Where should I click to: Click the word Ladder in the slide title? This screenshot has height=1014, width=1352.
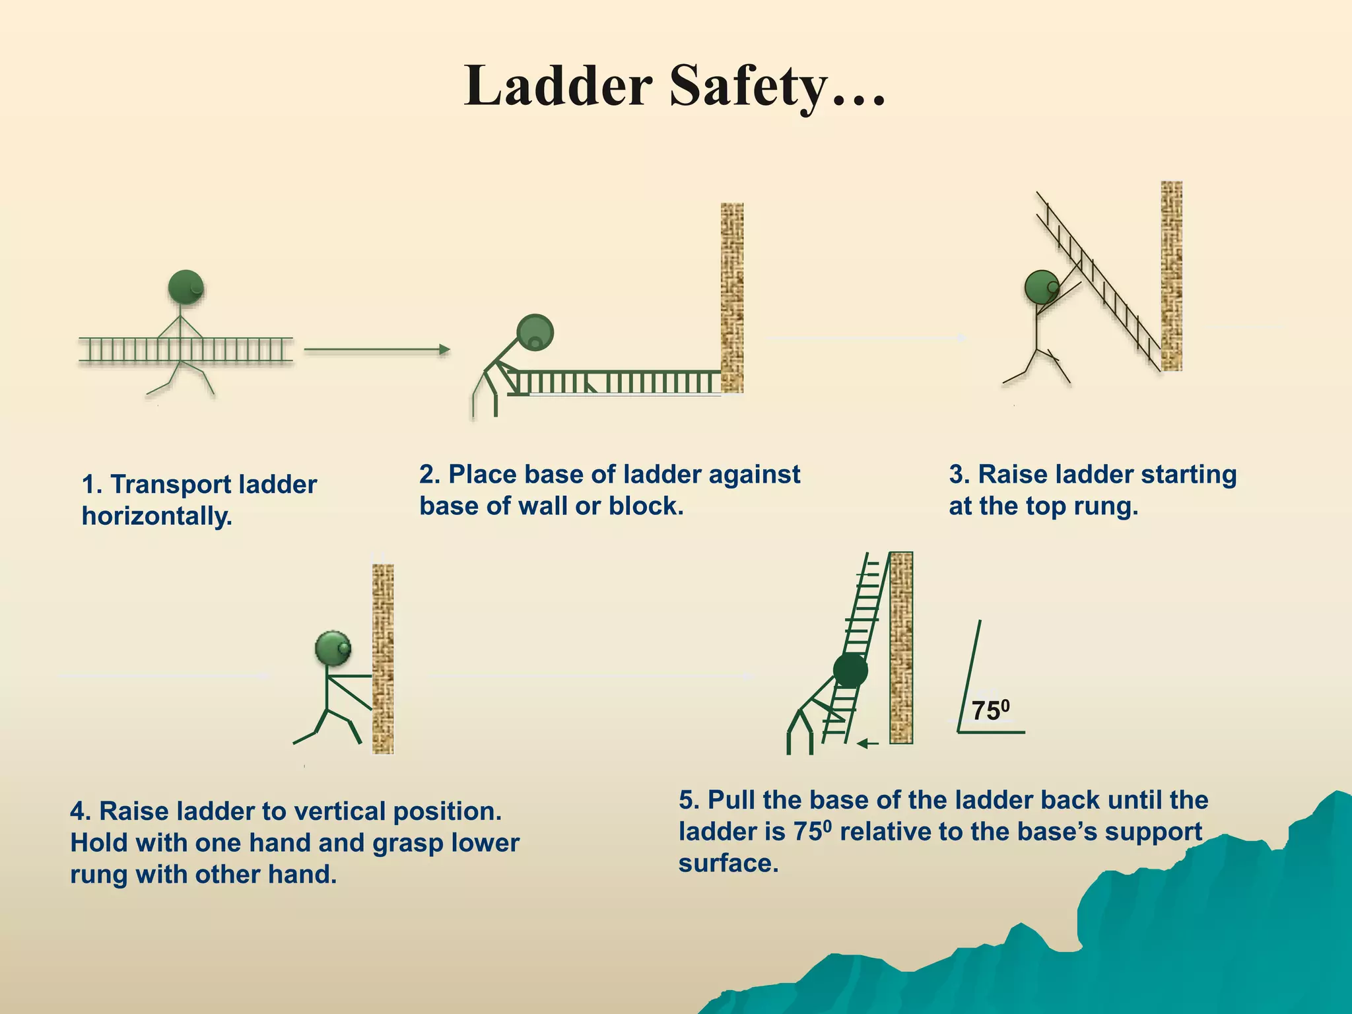point(558,87)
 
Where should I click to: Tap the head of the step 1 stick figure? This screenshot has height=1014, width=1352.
point(186,287)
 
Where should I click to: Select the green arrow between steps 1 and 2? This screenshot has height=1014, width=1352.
point(376,349)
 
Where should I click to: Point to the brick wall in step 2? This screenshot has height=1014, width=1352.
point(731,297)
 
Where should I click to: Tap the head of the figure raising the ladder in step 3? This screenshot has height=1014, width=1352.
point(1042,287)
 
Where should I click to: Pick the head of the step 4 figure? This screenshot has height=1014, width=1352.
point(333,648)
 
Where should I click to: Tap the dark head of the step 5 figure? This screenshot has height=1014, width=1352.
point(850,670)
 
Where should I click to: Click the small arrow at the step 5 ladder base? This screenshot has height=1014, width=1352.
point(867,744)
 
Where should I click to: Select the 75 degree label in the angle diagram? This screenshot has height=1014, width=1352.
point(990,710)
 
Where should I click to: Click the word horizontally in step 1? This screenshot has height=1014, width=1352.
point(156,516)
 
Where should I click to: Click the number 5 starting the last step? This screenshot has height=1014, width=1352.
point(687,800)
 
